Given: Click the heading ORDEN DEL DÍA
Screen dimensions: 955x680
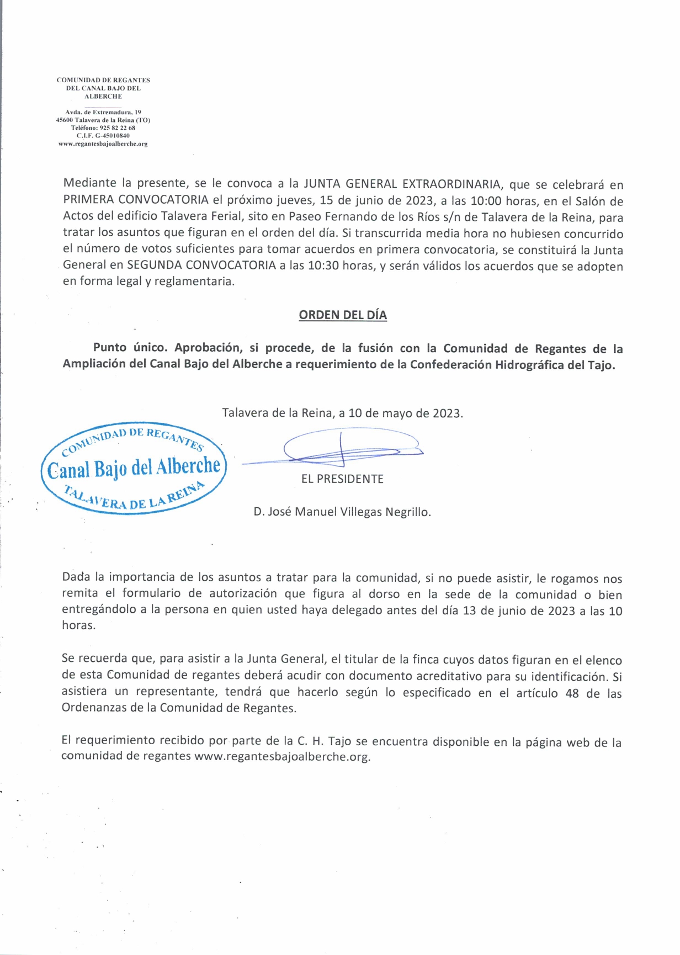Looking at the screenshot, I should click(x=343, y=315).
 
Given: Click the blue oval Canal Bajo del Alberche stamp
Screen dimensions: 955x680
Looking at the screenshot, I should click(x=134, y=469).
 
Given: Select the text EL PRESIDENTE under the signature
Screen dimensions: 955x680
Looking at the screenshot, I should click(x=342, y=479).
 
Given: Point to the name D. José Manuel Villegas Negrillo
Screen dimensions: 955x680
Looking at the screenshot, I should click(x=342, y=512).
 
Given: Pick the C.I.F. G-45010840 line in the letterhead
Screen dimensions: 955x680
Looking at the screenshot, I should click(x=103, y=135).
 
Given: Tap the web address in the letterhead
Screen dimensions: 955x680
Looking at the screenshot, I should click(x=103, y=144).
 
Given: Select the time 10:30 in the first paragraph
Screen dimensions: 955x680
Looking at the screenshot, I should click(x=323, y=266).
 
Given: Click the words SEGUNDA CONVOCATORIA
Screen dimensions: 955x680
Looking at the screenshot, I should click(x=201, y=266).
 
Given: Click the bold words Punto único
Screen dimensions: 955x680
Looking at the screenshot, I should click(x=130, y=348).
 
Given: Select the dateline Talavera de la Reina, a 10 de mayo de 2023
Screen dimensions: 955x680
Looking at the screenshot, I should click(x=342, y=413).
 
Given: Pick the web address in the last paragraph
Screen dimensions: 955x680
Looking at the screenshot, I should click(x=281, y=757).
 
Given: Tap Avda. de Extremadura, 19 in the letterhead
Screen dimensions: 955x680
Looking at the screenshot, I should click(x=103, y=112).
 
